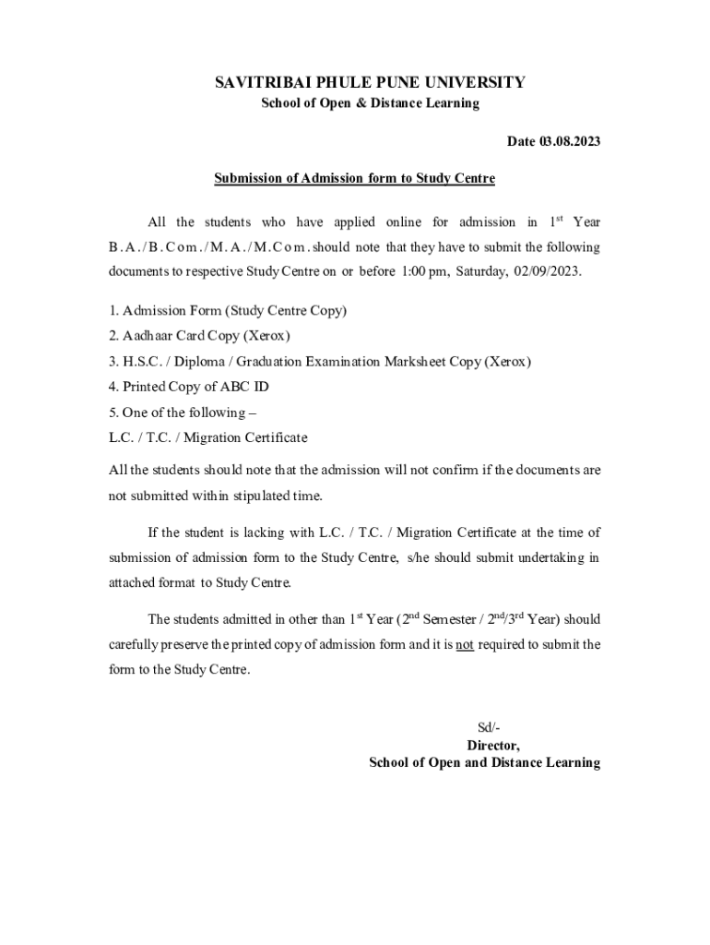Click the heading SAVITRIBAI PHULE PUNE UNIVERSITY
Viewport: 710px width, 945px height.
click(370, 83)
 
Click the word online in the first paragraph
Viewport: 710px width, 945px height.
click(403, 222)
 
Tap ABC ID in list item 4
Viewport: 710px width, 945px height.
click(247, 387)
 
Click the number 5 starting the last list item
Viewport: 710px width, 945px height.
click(112, 413)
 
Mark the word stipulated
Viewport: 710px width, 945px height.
click(277, 496)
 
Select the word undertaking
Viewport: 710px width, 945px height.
click(557, 558)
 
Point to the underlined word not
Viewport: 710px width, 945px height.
click(465, 645)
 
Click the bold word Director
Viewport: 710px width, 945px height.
click(493, 746)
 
